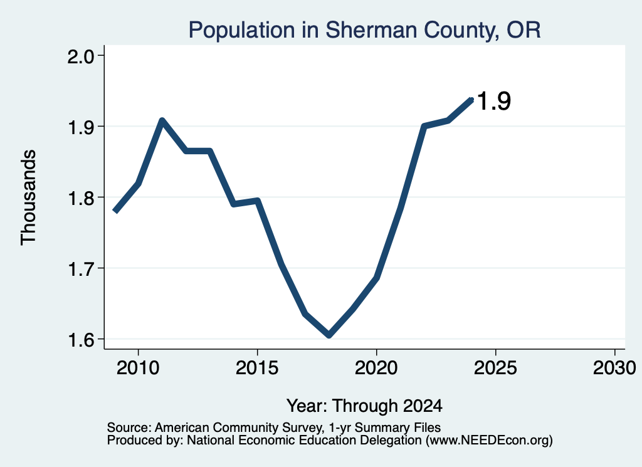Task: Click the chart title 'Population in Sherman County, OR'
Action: pos(364,30)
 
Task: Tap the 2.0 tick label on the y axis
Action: pos(80,56)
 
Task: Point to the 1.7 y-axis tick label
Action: pos(80,268)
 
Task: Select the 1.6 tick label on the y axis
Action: pos(80,339)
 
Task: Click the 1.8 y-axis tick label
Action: pos(80,197)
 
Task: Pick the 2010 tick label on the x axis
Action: pos(138,367)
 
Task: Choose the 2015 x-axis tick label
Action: pos(257,367)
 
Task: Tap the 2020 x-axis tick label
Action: pos(376,367)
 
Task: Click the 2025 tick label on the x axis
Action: pos(495,367)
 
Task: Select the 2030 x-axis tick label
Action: pos(614,367)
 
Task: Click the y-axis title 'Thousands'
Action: pos(28,197)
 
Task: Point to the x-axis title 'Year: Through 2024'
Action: pos(364,406)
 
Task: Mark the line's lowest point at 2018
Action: pos(329,335)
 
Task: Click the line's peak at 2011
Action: pos(162,121)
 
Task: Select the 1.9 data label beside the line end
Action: pos(494,101)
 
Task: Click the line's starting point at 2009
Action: pos(115,211)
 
